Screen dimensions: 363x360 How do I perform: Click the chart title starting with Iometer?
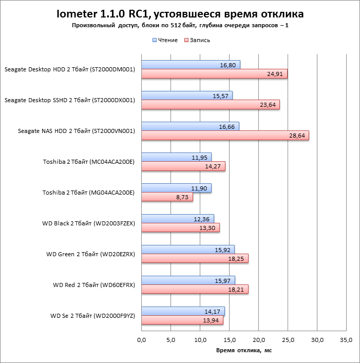click(180, 13)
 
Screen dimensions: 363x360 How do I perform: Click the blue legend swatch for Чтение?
click(154, 40)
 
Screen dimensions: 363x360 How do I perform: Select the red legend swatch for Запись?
click(186, 40)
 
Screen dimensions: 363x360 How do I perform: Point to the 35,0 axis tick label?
click(347, 339)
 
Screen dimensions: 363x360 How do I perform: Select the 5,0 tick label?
click(171, 339)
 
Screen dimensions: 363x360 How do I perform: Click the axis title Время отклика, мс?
click(244, 350)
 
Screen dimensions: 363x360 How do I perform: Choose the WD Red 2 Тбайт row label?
click(94, 285)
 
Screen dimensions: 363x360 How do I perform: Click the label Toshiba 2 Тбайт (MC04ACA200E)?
click(89, 162)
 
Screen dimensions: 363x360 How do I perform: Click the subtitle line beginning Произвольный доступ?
click(180, 26)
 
